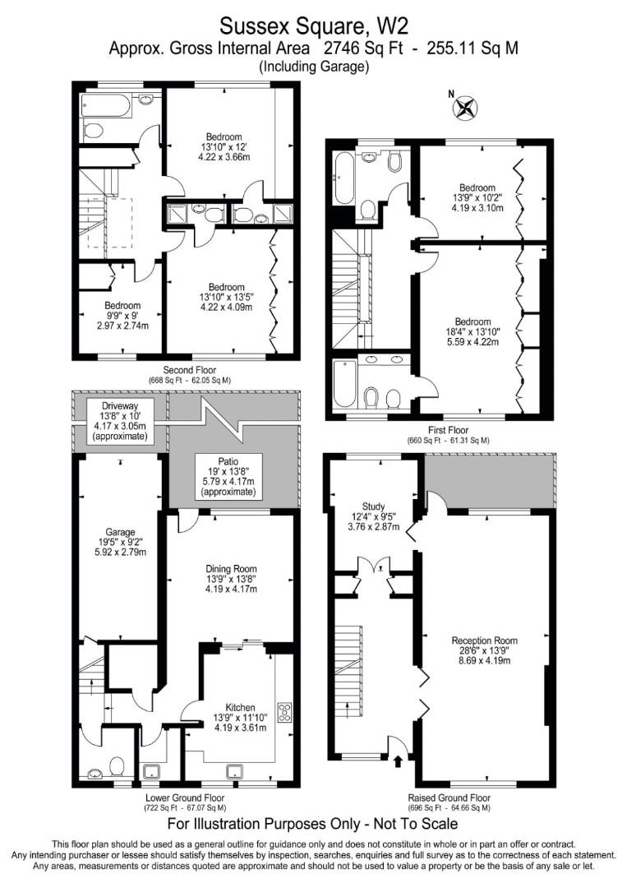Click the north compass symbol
tap(466, 108)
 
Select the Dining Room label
tap(231, 578)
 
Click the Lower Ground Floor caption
tap(185, 798)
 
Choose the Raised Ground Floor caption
tap(449, 798)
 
